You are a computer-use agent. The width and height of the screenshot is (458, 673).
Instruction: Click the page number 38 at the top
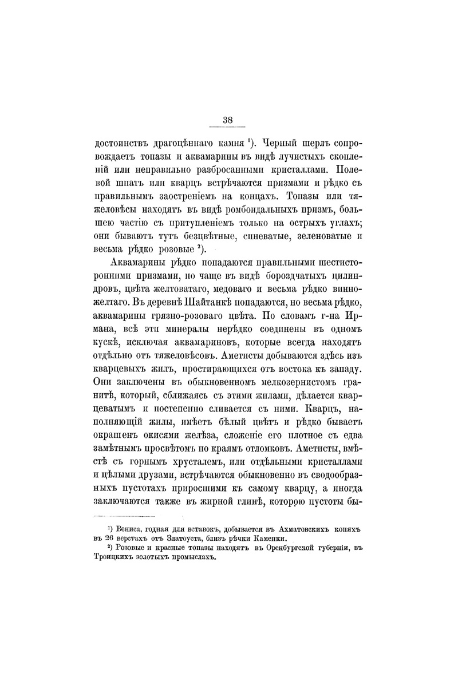coord(228,120)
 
